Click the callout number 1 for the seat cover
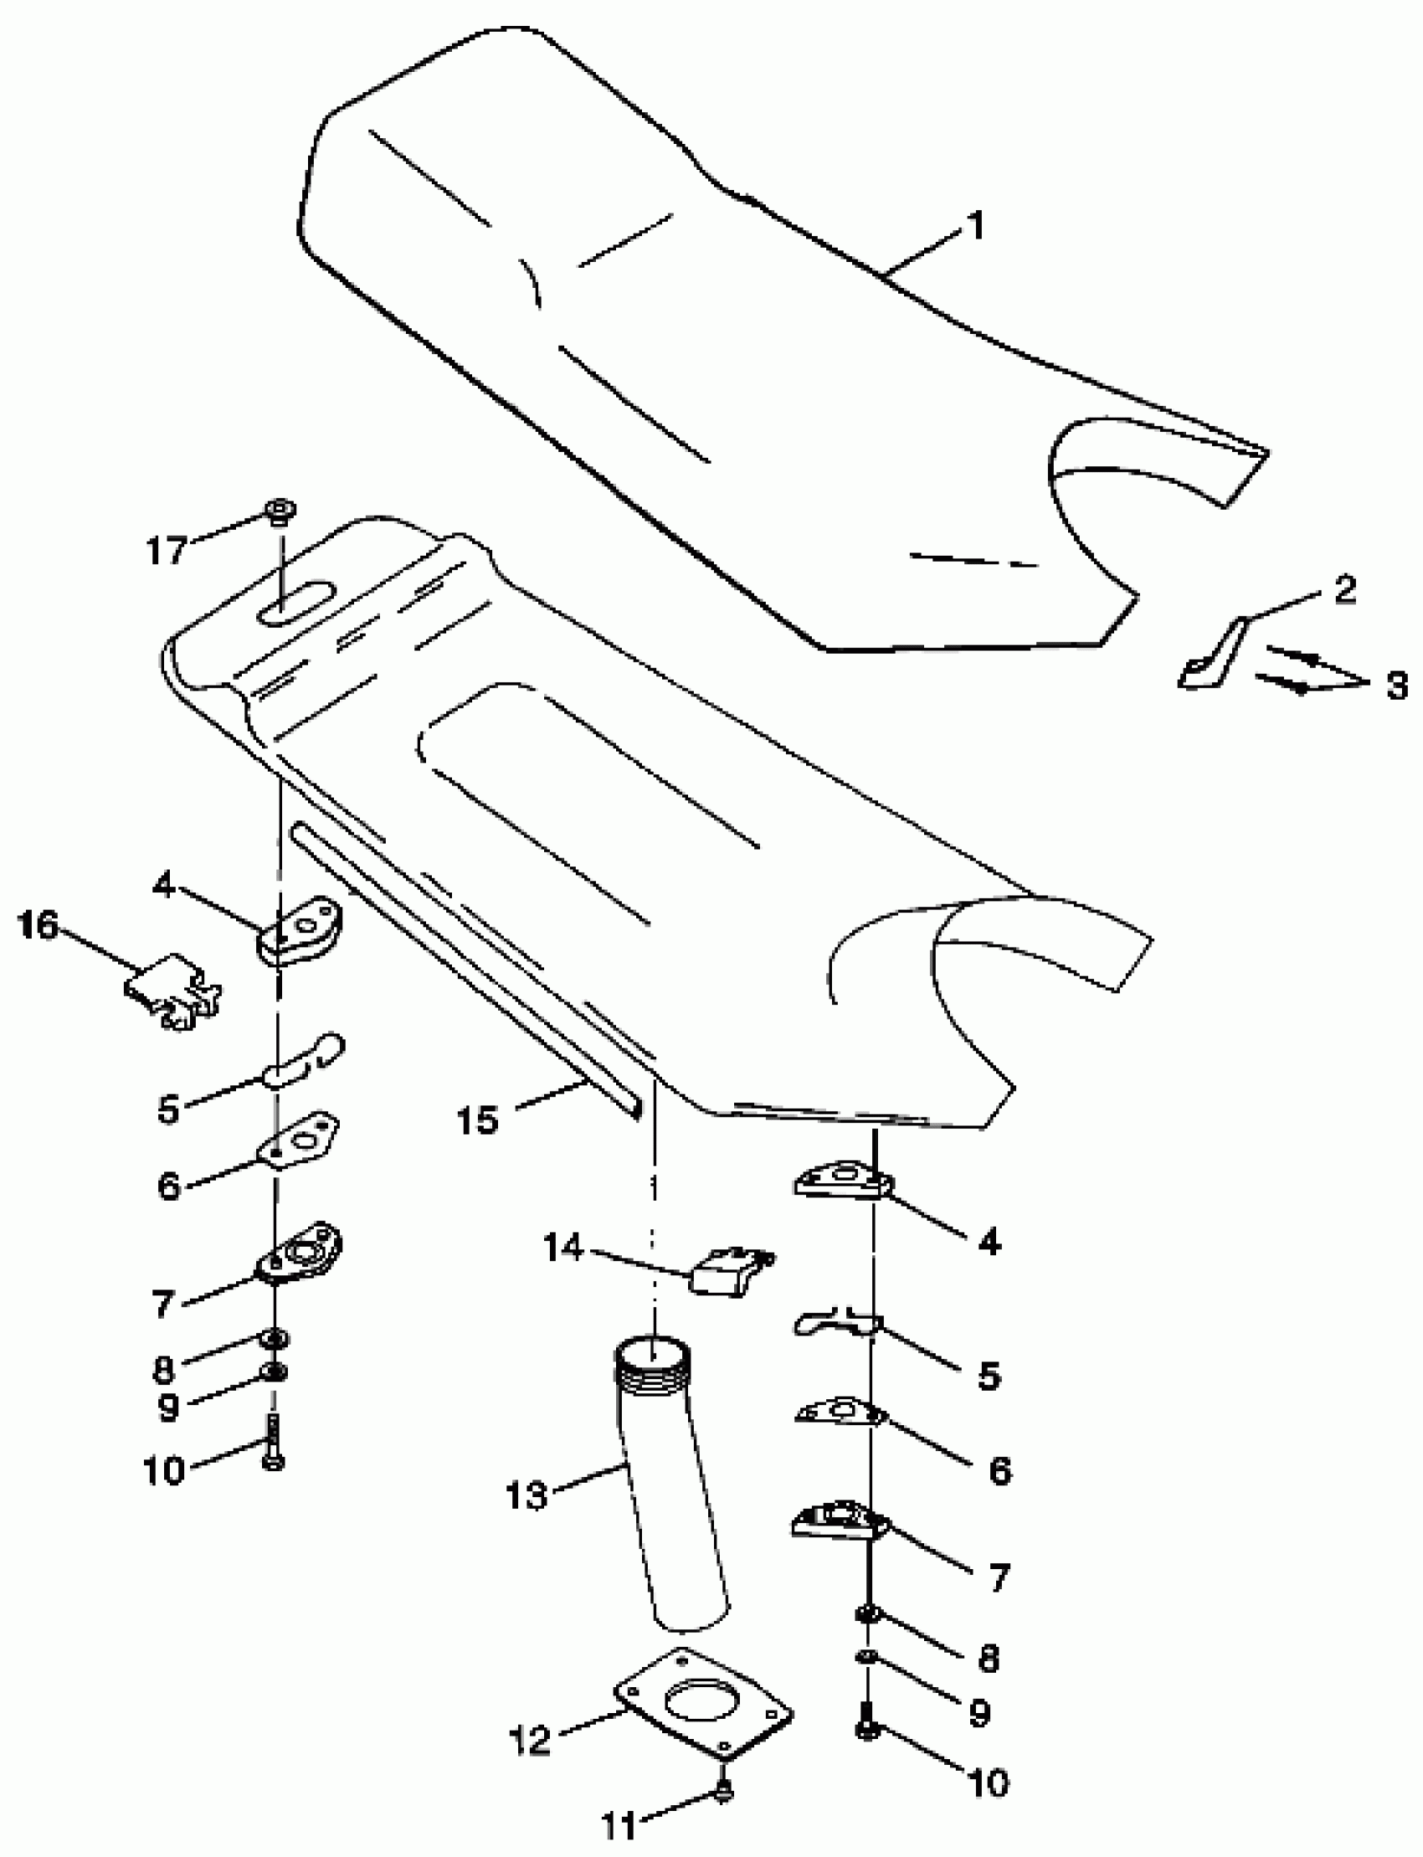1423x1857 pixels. point(977,227)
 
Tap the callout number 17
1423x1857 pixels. point(166,551)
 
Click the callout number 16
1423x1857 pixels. point(38,925)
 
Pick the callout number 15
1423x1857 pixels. point(477,1120)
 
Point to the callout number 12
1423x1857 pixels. point(531,1740)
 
